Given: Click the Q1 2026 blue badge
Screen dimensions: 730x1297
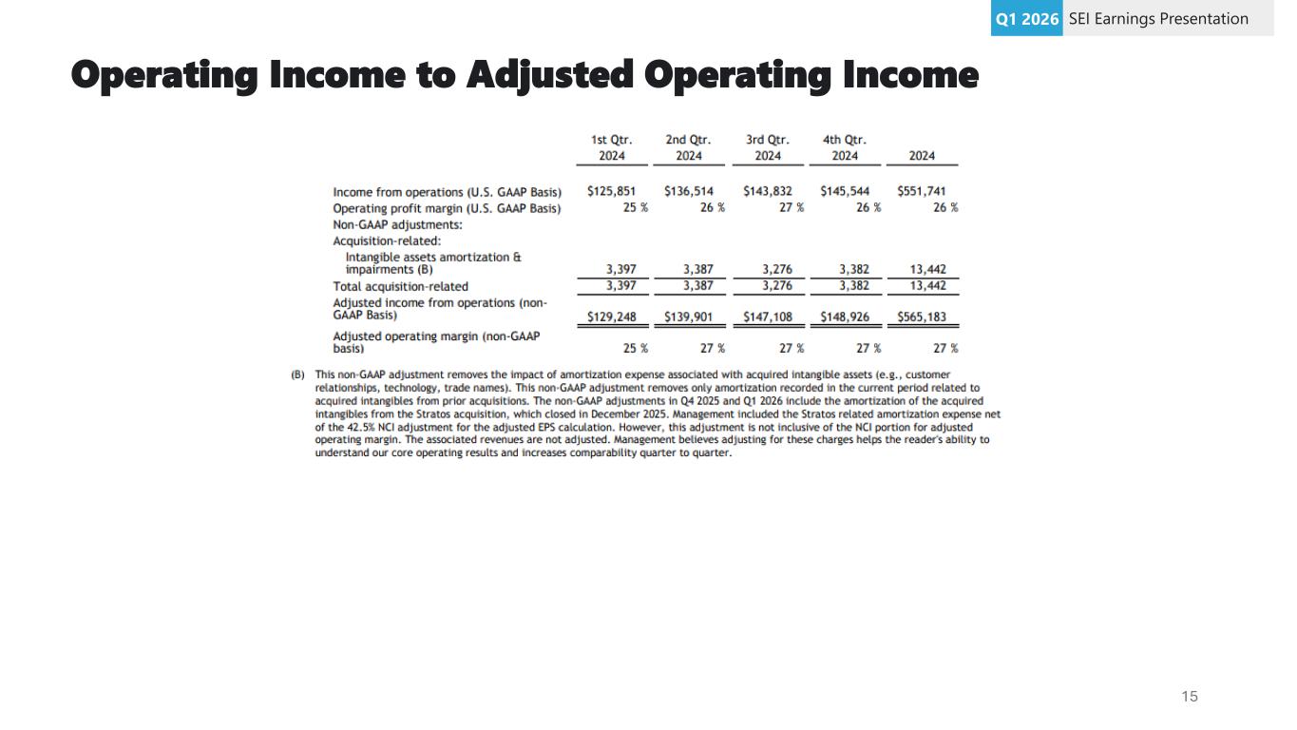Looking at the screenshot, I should tap(1026, 19).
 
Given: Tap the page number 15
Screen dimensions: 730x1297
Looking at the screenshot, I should tap(1190, 697).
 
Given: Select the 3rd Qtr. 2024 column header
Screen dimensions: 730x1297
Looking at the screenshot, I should tap(768, 147).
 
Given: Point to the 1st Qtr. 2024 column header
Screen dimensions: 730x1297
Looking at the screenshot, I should tap(612, 147).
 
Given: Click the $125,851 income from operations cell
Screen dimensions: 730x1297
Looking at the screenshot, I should tap(612, 191).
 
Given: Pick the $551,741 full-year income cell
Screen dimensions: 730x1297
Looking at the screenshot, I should tap(922, 191).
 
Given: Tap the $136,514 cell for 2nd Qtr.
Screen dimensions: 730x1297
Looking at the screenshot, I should tap(689, 191).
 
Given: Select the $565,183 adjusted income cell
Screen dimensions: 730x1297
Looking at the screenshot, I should tap(922, 317).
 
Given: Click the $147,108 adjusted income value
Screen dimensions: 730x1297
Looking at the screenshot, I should tap(768, 317).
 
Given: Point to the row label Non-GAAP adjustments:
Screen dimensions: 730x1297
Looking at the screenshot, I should tap(397, 225).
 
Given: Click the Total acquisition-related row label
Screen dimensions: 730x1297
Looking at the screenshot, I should tap(400, 286).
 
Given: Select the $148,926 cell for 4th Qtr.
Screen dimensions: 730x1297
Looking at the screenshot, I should tap(845, 317).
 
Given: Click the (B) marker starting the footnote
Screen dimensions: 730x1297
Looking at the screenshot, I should tap(298, 375).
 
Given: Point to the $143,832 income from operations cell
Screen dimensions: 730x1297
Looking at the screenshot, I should tap(768, 191).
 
